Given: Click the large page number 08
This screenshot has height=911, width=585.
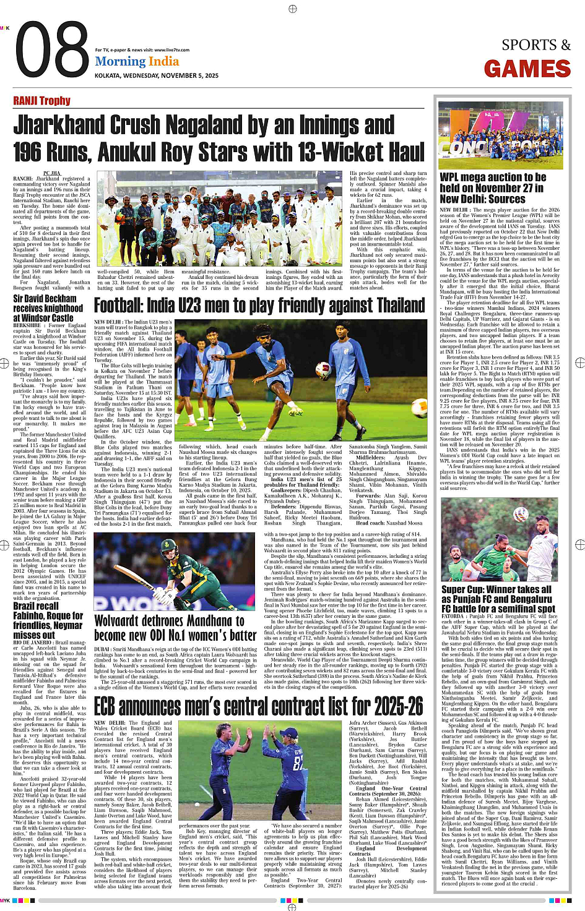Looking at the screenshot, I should (52, 52).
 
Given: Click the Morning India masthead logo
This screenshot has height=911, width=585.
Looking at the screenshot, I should (137, 62).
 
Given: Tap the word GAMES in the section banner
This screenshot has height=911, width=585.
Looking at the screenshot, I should (527, 69).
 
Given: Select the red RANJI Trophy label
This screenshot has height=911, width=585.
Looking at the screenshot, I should (41, 101).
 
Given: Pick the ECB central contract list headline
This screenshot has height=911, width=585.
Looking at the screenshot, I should (258, 705).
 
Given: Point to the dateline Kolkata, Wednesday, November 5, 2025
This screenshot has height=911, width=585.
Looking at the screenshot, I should (157, 75).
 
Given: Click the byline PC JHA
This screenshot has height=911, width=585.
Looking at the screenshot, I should (51, 173).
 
